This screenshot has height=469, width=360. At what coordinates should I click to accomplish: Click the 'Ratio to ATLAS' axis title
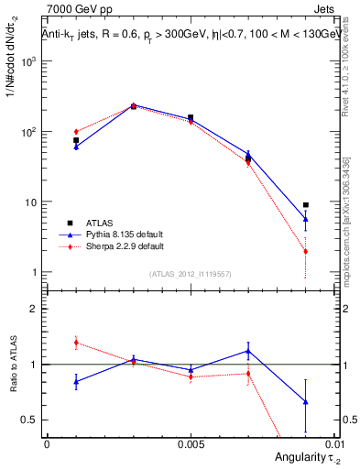12,365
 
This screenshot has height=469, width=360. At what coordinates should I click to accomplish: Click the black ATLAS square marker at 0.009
305,205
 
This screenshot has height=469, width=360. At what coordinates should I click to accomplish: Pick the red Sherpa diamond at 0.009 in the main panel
305,252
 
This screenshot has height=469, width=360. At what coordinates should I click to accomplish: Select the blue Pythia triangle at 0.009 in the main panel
305,219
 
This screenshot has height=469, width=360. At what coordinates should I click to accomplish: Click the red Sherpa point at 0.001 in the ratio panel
76,343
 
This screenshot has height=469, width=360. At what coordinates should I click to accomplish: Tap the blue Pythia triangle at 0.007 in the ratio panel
248,351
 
